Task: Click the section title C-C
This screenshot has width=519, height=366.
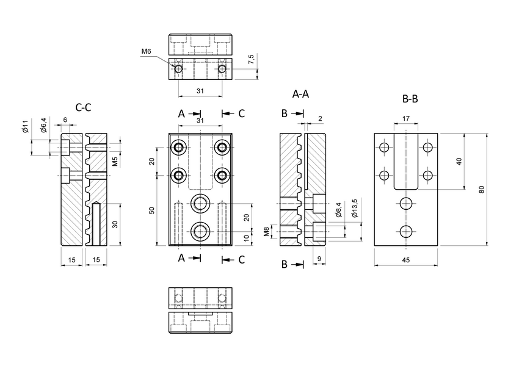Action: pyautogui.click(x=84, y=107)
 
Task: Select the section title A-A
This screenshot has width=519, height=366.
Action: pyautogui.click(x=300, y=95)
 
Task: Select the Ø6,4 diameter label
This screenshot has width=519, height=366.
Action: pyautogui.click(x=43, y=125)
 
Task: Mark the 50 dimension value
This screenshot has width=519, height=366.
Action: pyautogui.click(x=153, y=210)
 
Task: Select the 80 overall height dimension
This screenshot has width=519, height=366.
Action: pyautogui.click(x=482, y=188)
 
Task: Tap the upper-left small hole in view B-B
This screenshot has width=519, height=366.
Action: pyautogui.click(x=384, y=148)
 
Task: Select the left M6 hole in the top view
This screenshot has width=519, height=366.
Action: pyautogui.click(x=178, y=70)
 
